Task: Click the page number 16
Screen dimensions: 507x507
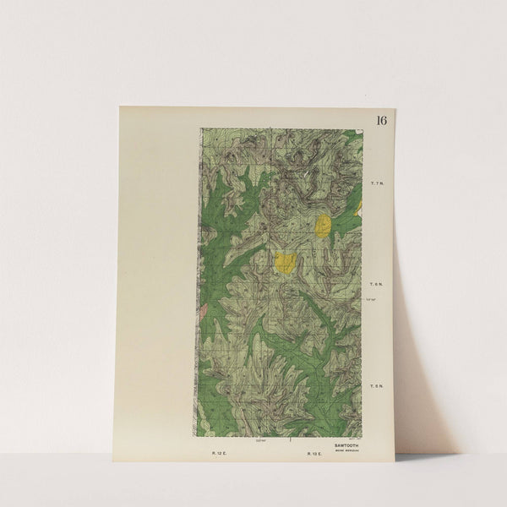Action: [x=381, y=120]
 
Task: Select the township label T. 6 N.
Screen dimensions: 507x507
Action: [x=377, y=285]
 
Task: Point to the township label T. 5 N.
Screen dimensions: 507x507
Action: [x=377, y=386]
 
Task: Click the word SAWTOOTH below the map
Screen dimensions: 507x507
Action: [x=345, y=442]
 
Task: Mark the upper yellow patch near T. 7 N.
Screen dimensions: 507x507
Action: [x=323, y=225]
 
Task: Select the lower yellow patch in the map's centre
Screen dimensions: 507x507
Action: [x=286, y=262]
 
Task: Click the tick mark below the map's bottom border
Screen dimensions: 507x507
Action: [x=290, y=439]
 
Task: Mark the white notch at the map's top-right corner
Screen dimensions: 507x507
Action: [x=359, y=131]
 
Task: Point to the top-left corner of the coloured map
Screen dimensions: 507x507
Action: [x=201, y=128]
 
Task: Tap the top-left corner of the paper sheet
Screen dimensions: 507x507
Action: [x=120, y=106]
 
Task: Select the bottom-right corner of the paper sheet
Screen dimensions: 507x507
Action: [x=394, y=461]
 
